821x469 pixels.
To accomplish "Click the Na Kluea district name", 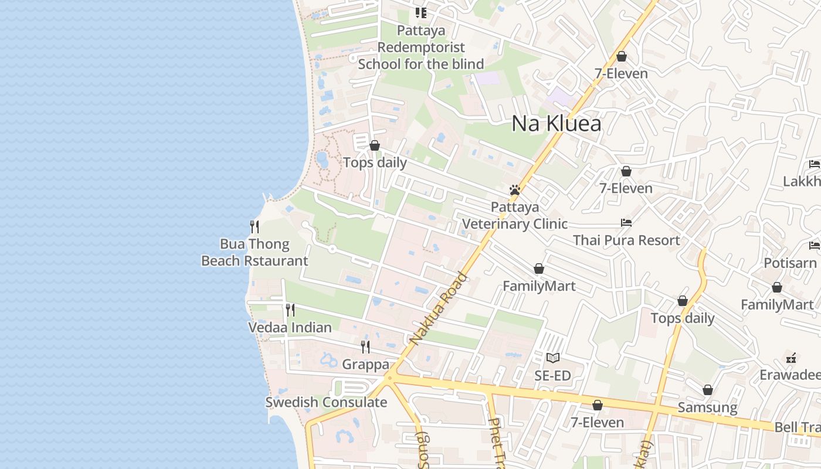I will [557, 124].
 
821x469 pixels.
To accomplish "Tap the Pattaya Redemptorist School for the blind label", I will [421, 47].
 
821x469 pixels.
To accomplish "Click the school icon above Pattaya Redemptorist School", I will [420, 12].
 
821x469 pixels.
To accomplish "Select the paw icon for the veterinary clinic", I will [515, 190].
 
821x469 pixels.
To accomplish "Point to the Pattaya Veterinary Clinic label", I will [515, 215].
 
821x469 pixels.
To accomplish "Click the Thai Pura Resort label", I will [626, 240].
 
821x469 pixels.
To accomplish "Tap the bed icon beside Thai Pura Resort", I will [626, 223].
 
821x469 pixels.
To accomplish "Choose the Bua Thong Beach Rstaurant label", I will [255, 253].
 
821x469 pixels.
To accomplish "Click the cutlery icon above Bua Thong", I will [255, 226].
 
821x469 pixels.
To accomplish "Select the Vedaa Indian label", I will [290, 327].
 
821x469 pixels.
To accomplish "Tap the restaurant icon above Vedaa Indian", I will [290, 310].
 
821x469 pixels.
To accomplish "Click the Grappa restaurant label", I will [365, 365].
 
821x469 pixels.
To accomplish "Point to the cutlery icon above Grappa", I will [365, 347].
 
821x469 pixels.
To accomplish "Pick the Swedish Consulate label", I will [326, 402].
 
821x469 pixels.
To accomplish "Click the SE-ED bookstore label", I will [553, 375].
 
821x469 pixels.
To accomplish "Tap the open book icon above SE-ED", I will [553, 358].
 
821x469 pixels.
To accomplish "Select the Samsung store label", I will [708, 407].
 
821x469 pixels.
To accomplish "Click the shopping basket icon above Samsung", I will [708, 390].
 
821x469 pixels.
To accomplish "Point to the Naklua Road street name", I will [439, 308].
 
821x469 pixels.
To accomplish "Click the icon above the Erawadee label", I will [791, 358].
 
